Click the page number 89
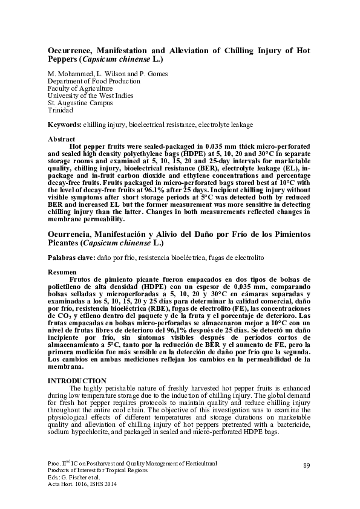tap(306, 465)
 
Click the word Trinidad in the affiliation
tap(61, 111)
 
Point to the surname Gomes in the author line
tap(156, 74)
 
